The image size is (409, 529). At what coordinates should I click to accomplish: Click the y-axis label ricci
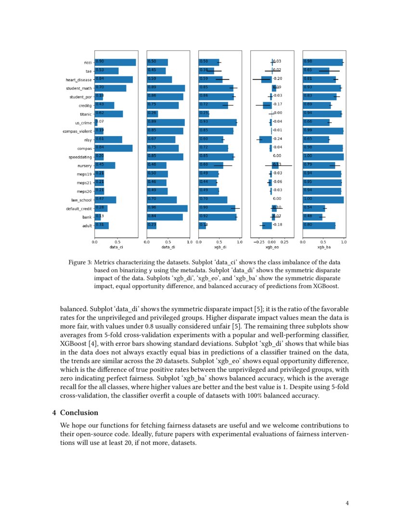pos(88,63)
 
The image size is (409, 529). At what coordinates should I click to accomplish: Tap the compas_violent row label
pos(77,131)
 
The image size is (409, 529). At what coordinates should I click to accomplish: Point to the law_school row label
pos(82,200)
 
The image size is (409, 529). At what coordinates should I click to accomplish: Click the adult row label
pos(87,226)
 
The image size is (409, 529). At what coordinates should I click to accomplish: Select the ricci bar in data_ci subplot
pos(115,62)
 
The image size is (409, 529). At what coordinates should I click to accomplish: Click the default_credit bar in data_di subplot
pos(167,208)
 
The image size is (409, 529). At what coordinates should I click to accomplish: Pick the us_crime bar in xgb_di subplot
pos(217,122)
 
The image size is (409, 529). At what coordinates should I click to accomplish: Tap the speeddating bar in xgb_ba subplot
pos(323,157)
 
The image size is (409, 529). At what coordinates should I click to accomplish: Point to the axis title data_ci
pos(116,247)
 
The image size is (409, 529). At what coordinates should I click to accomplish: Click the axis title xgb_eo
pos(272,247)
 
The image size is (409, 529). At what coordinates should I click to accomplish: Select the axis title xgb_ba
pos(324,247)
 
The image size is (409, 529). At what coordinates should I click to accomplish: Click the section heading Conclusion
pos(79,413)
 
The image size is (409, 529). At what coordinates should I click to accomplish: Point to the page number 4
pos(347,504)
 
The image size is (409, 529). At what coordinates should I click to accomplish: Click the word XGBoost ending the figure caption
pos(326,286)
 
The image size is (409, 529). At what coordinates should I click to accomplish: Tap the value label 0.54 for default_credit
pos(308,208)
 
